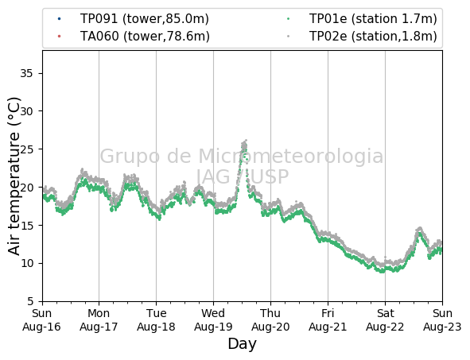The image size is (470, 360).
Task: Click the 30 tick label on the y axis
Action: (26, 111)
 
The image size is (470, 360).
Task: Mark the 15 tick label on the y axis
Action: (26, 225)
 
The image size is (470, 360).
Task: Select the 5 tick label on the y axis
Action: (30, 301)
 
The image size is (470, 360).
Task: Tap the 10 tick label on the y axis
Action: (26, 263)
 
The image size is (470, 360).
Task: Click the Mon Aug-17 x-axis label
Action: (99, 319)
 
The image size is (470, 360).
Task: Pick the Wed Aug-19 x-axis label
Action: (213, 319)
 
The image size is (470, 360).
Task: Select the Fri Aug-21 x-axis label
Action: (328, 319)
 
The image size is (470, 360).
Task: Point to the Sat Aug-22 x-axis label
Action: (385, 319)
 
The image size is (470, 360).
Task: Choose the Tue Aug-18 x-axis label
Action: (156, 319)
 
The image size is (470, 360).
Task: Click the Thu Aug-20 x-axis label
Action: (270, 319)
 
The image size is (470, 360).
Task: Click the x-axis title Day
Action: (243, 344)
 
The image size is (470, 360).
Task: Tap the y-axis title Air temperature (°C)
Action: (14, 176)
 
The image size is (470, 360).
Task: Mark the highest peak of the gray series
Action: (246, 140)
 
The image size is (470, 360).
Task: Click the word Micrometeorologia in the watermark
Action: (291, 156)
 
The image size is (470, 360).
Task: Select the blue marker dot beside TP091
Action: (59, 19)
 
